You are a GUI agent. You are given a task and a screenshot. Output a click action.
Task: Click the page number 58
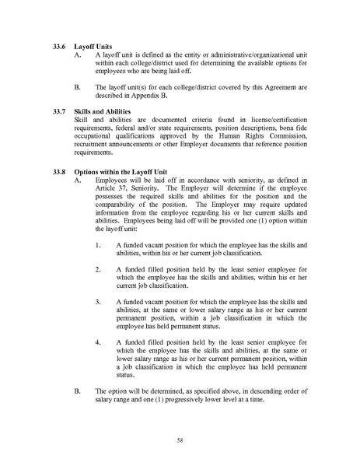[180, 440]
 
